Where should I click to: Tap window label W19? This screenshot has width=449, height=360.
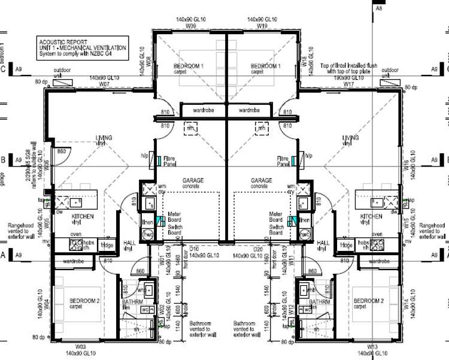click(262, 27)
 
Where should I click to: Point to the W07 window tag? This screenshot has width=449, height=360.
click(104, 85)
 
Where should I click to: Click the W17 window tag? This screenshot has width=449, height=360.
click(348, 85)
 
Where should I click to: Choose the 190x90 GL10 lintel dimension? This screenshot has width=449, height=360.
click(348, 78)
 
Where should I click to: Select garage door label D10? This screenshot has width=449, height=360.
click(193, 249)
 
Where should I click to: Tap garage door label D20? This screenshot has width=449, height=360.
click(257, 249)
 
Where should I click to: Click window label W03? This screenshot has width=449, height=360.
click(80, 347)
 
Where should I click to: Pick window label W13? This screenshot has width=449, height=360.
click(372, 347)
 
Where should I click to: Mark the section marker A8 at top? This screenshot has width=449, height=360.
click(378, 9)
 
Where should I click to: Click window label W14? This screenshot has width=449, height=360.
click(406, 305)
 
